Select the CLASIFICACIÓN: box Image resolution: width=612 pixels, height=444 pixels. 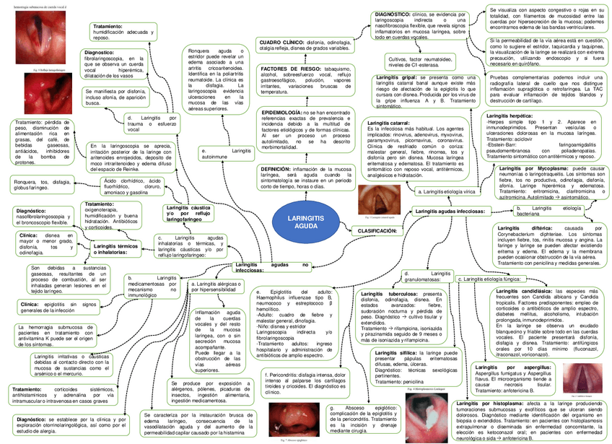coord(376,230)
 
